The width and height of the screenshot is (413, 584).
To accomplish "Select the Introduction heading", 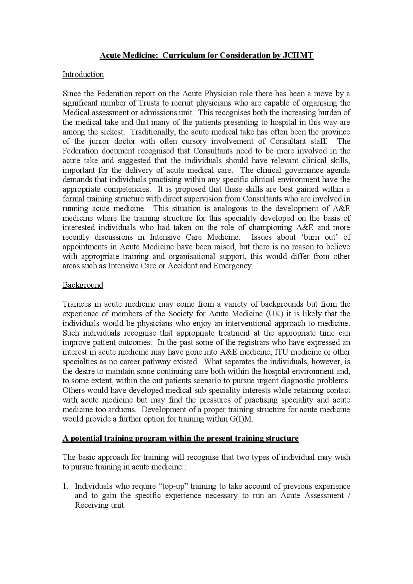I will [x=83, y=74].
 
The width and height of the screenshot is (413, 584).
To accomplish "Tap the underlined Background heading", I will [x=83, y=285].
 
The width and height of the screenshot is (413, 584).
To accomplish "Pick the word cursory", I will [x=194, y=142].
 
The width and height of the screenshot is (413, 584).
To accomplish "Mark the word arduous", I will [x=123, y=410].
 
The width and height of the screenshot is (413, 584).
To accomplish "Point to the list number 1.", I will [x=65, y=486].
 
